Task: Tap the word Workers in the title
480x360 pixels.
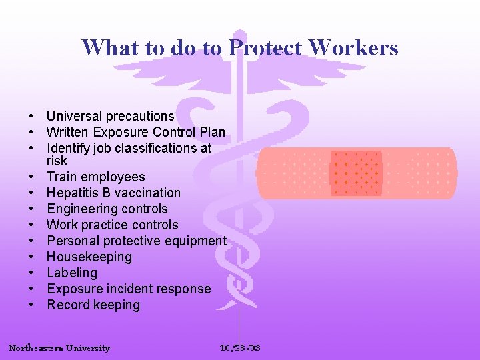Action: [x=354, y=48]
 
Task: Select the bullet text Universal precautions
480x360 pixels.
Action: [x=110, y=117]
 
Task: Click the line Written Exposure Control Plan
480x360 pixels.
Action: [x=136, y=133]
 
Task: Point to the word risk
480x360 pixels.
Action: [x=57, y=161]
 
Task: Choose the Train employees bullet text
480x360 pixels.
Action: [x=95, y=177]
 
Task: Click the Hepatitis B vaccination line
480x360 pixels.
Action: [x=113, y=193]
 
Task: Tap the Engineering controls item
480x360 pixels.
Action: [x=107, y=209]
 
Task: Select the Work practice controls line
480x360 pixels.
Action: [x=112, y=225]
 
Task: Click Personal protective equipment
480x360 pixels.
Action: [x=136, y=241]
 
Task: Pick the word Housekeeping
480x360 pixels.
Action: [x=89, y=257]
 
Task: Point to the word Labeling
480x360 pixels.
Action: [x=71, y=273]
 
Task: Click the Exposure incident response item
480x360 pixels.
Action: [x=128, y=289]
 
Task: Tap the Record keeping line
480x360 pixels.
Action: [x=93, y=305]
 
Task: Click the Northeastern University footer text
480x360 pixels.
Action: [x=59, y=348]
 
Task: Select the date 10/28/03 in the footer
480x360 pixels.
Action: [x=240, y=348]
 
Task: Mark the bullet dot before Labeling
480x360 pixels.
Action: [x=31, y=273]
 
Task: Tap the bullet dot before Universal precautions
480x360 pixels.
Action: [x=31, y=117]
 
